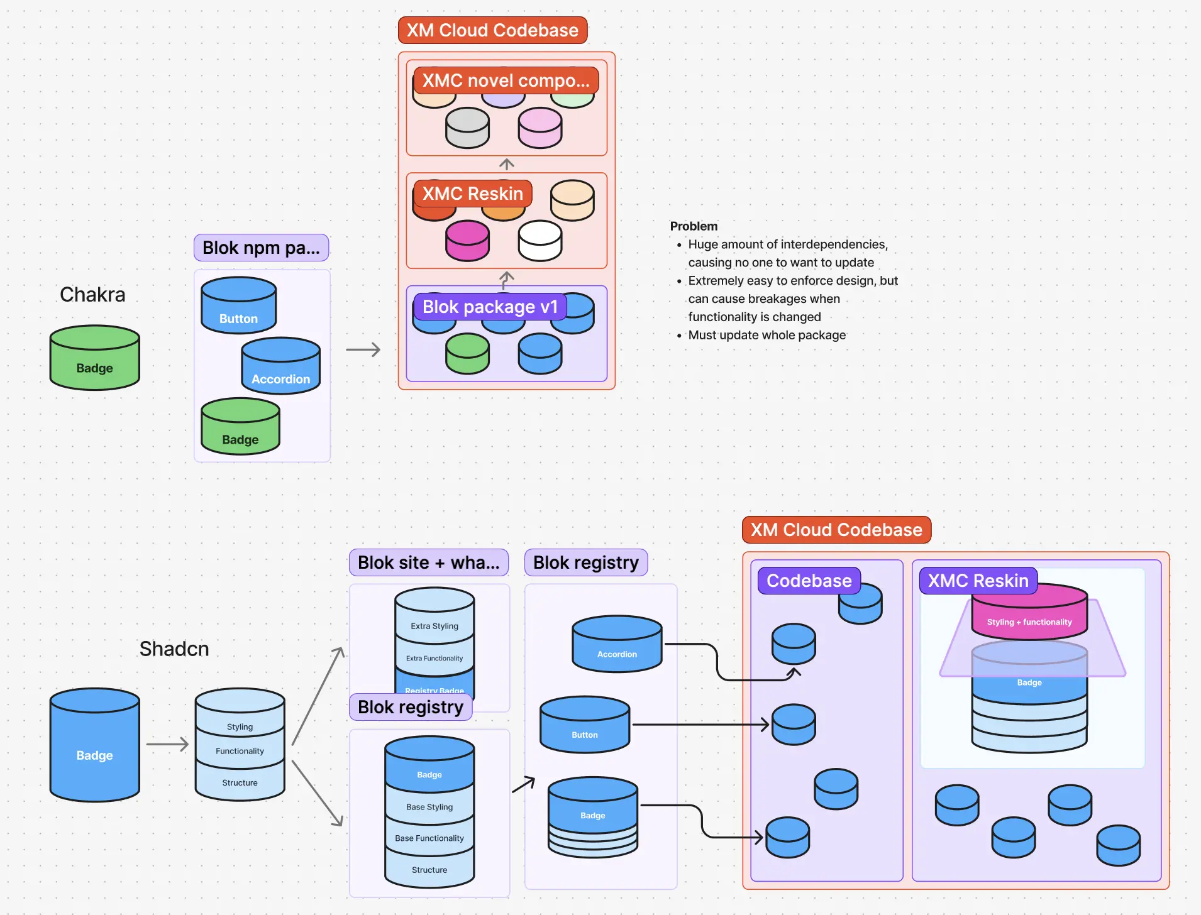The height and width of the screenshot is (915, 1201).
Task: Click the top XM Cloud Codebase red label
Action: pos(492,30)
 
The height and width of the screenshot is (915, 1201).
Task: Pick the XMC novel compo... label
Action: pos(506,80)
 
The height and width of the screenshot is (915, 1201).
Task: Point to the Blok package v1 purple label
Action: pos(490,307)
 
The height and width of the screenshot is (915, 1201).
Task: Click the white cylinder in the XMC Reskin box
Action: pos(540,241)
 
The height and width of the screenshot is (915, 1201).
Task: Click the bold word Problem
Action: pos(694,226)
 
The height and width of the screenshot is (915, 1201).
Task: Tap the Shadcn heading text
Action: pos(174,649)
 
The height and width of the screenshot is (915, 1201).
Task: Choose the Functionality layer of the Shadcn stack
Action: pos(240,751)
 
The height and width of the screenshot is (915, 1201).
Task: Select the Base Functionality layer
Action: pos(429,838)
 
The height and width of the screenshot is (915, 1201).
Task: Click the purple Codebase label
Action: pos(809,581)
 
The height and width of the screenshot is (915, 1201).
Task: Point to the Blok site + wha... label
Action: pos(428,562)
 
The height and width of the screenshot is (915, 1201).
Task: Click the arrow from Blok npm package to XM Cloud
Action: pos(363,349)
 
